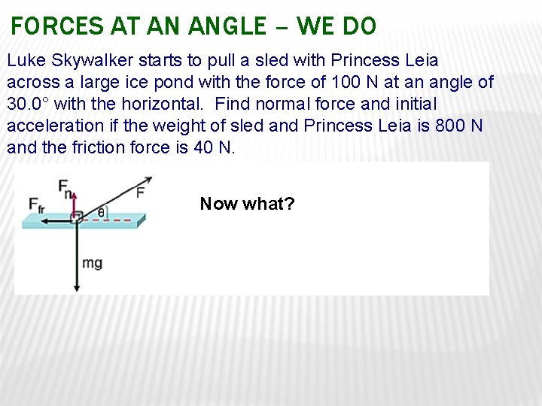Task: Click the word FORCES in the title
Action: pos(57,26)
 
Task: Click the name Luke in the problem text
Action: pos(25,60)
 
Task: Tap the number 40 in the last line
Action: pos(203,147)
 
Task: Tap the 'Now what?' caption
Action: pos(247,204)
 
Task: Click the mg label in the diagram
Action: pos(93,263)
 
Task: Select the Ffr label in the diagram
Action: pos(35,205)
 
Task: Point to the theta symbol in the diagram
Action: pos(102,213)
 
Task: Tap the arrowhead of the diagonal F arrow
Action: pos(148,179)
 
